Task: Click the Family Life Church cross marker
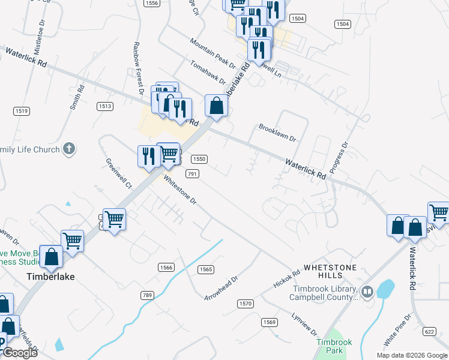point(69,149)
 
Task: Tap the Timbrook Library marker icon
point(367,292)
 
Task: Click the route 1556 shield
point(152,3)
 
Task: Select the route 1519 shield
point(22,110)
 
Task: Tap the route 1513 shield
point(105,106)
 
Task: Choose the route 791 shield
point(192,173)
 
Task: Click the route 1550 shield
point(199,159)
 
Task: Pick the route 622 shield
point(429,331)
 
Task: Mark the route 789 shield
point(148,295)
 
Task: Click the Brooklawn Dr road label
point(277,133)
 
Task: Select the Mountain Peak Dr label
point(212,53)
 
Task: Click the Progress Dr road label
point(339,157)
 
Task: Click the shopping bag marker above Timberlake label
point(52,256)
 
